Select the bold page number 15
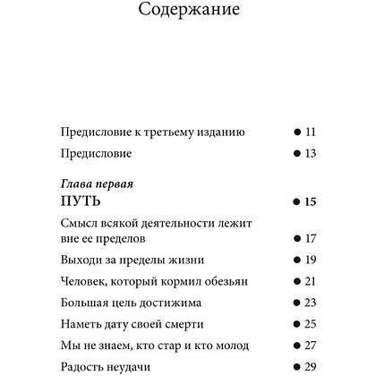tap(311, 201)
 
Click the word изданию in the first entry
tap(218, 132)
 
